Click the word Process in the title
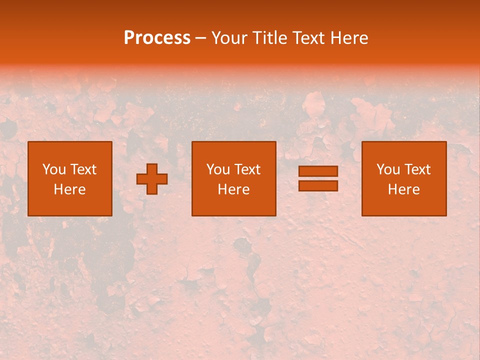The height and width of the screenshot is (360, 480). [157, 38]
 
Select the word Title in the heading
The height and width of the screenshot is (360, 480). [268, 38]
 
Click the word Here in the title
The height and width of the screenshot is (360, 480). [350, 38]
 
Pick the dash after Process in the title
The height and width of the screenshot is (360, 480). [201, 38]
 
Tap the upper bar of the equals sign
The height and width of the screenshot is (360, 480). [318, 171]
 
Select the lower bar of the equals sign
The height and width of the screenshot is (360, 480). [318, 185]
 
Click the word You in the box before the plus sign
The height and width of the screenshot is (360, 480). [54, 169]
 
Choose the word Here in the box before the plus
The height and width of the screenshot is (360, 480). [69, 189]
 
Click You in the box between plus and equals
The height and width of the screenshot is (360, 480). [218, 169]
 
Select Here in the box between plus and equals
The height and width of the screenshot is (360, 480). [233, 189]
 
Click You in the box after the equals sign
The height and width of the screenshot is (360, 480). [388, 169]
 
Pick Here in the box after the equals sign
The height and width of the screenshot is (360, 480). [403, 189]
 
